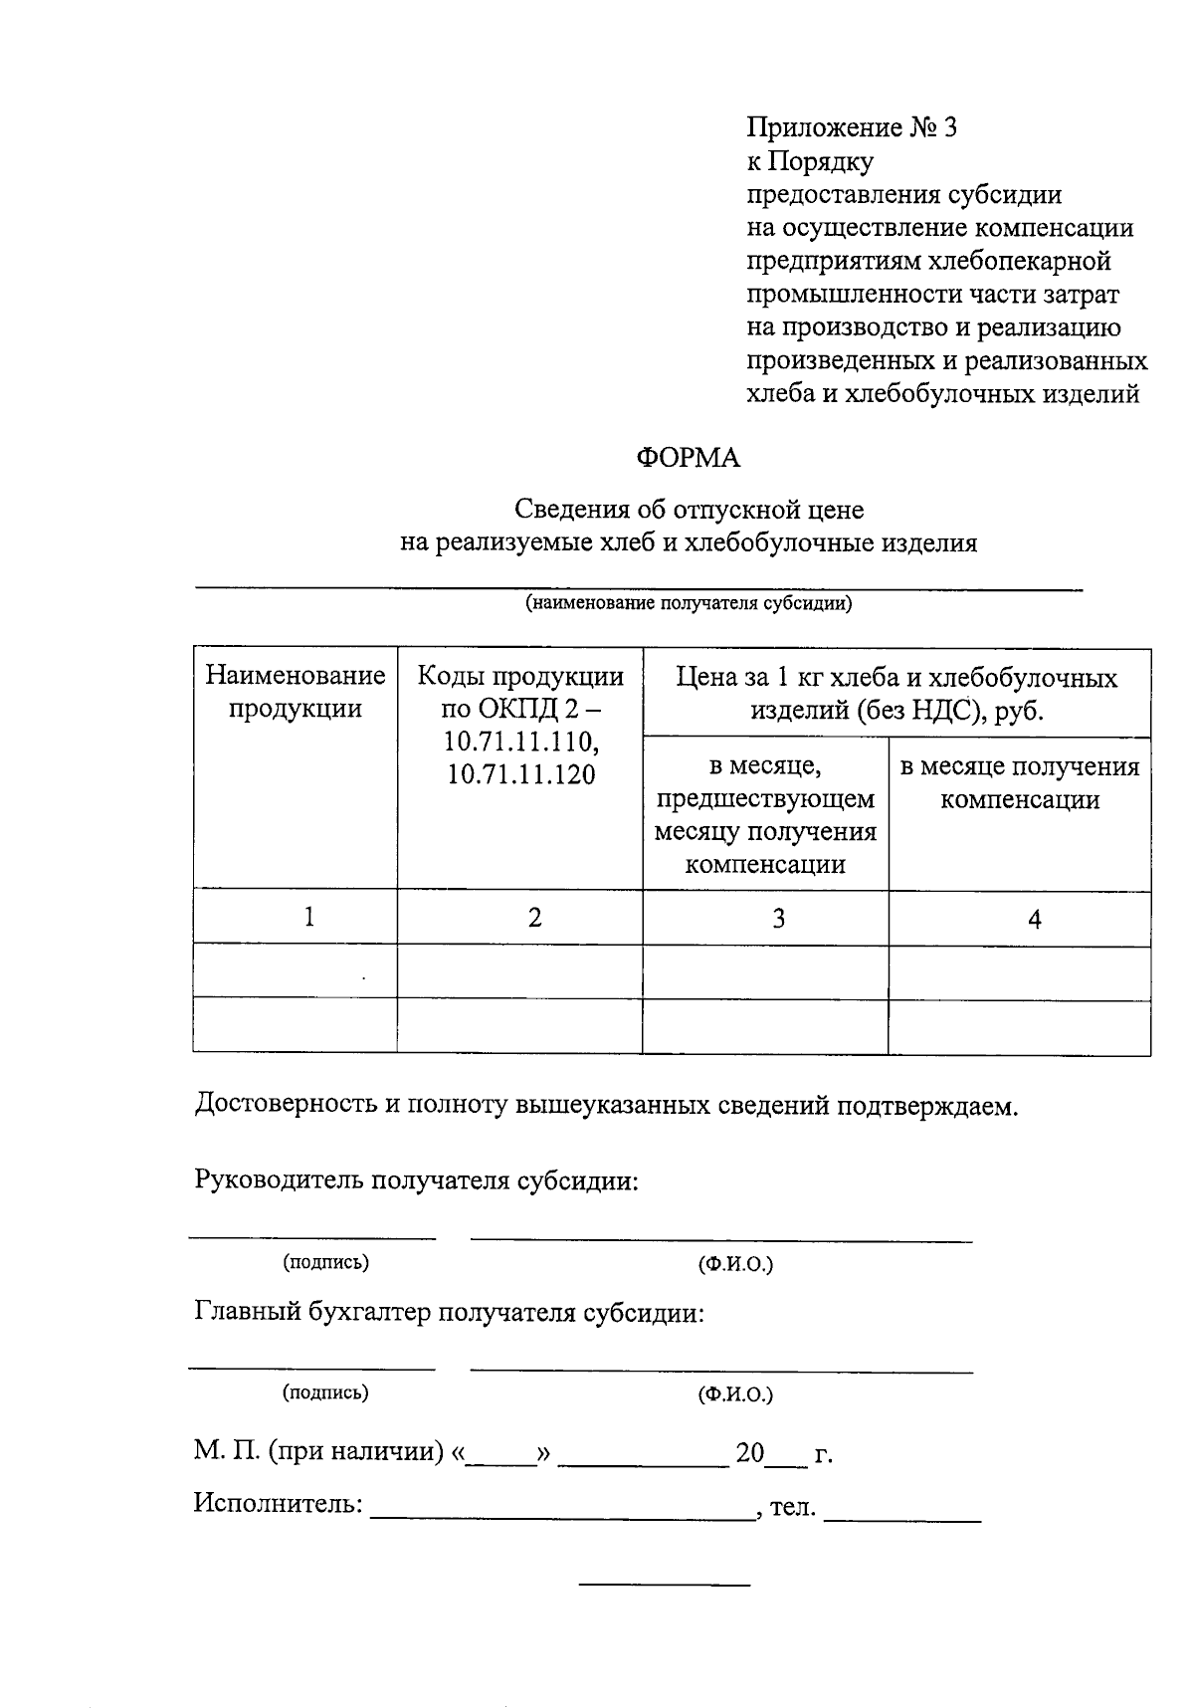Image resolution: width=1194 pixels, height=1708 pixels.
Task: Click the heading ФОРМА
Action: [x=688, y=458]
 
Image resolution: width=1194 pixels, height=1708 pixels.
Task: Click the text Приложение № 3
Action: [x=851, y=127]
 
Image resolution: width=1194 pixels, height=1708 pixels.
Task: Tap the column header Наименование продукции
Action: [x=296, y=692]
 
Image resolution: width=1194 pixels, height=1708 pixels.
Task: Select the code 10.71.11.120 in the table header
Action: [x=520, y=775]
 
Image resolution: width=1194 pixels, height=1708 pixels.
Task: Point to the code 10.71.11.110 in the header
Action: [x=520, y=743]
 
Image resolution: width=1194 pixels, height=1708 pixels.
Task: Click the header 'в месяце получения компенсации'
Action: [x=1019, y=783]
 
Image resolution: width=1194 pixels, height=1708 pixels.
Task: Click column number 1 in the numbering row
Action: [x=309, y=917]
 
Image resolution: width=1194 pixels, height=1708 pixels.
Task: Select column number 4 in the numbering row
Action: [x=1034, y=919]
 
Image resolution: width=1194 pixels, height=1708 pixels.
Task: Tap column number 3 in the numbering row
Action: [x=778, y=918]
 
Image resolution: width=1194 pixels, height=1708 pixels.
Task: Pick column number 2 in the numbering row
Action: [x=534, y=918]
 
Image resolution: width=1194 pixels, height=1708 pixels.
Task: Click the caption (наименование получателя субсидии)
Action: [x=689, y=603]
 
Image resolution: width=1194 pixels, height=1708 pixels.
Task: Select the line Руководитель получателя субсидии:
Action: [x=415, y=1180]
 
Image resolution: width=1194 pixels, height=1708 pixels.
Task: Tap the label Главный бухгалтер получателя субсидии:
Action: [x=448, y=1312]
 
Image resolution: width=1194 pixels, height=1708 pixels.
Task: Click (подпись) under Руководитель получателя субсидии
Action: [x=325, y=1262]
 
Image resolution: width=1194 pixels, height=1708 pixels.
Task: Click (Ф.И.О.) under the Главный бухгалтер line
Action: [x=735, y=1393]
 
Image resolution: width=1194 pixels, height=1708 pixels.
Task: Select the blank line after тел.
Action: [x=902, y=1511]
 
